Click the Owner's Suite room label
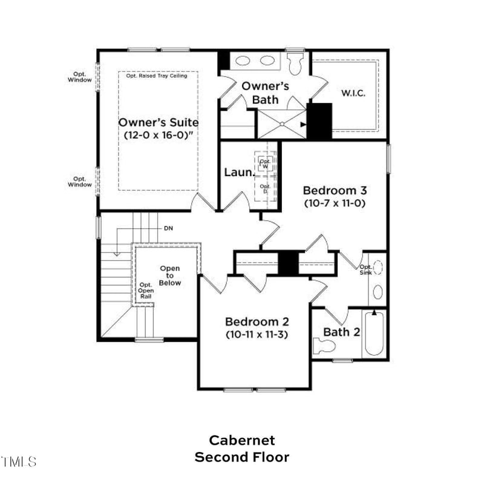click(x=158, y=122)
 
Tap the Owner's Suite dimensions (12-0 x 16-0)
click(x=158, y=136)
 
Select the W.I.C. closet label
click(x=353, y=93)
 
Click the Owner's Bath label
click(x=265, y=93)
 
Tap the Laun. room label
click(x=239, y=172)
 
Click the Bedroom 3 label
click(x=335, y=190)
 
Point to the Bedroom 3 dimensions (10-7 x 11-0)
click(x=335, y=203)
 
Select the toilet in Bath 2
click(x=324, y=346)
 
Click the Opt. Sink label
click(x=366, y=270)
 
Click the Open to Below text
click(x=169, y=275)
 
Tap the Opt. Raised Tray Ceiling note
click(x=157, y=76)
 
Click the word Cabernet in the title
click(x=242, y=440)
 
